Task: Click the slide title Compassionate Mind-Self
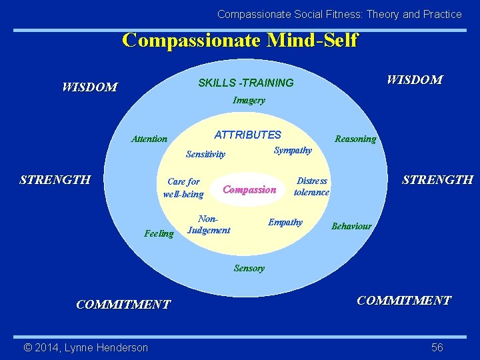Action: (x=240, y=40)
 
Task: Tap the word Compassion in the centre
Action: (x=249, y=190)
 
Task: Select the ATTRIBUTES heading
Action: (x=248, y=135)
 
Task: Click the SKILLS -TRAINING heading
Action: (x=246, y=83)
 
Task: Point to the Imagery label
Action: (x=249, y=101)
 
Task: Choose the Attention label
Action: (x=149, y=139)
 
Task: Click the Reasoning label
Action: (x=355, y=139)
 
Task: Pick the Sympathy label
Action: (x=293, y=151)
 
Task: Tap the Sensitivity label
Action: (x=205, y=155)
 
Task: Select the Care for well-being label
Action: (x=183, y=188)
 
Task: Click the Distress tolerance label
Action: (x=311, y=187)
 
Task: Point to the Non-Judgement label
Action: (x=209, y=225)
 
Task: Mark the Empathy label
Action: (x=285, y=223)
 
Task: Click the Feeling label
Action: (x=159, y=234)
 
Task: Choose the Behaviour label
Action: (x=351, y=227)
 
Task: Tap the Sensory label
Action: (x=249, y=269)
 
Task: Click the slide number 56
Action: (x=437, y=347)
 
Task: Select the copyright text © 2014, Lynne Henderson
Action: (x=86, y=347)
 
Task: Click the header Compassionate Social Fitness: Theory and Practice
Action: (x=339, y=14)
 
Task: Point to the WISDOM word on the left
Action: (x=89, y=87)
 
